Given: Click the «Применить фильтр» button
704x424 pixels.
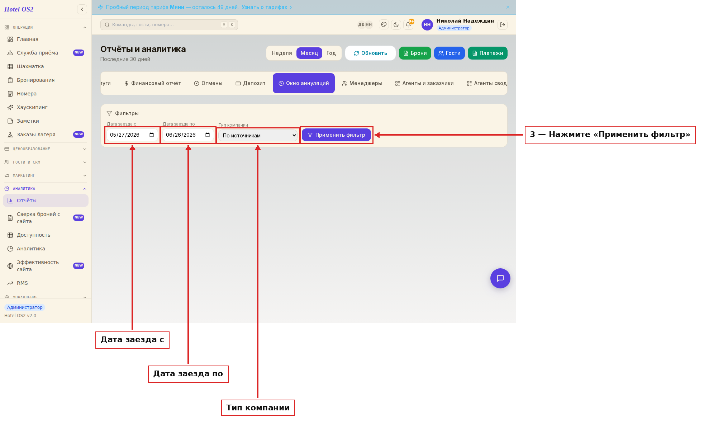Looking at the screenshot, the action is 336,135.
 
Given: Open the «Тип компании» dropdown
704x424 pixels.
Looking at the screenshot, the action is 258,135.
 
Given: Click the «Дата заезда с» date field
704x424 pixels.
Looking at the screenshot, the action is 132,135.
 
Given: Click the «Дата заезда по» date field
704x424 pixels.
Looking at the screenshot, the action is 188,135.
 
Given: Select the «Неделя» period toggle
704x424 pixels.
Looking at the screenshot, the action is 282,53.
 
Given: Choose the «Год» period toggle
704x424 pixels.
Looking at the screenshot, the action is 331,53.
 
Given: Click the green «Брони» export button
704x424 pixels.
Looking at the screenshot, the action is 415,53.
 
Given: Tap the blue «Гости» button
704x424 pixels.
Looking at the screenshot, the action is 449,53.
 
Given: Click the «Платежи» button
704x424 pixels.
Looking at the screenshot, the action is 487,53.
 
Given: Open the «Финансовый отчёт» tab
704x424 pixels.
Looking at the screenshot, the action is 152,83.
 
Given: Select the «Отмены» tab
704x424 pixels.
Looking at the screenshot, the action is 208,83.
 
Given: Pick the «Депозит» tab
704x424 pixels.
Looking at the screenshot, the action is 251,83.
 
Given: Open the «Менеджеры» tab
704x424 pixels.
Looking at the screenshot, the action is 362,83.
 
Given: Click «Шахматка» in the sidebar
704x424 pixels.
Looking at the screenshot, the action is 30,66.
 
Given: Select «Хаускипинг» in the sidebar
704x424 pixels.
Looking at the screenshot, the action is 32,107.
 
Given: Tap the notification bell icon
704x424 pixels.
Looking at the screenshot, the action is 408,25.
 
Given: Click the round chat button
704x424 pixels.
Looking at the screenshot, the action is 500,278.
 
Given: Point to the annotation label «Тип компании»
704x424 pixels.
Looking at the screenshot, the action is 258,408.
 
